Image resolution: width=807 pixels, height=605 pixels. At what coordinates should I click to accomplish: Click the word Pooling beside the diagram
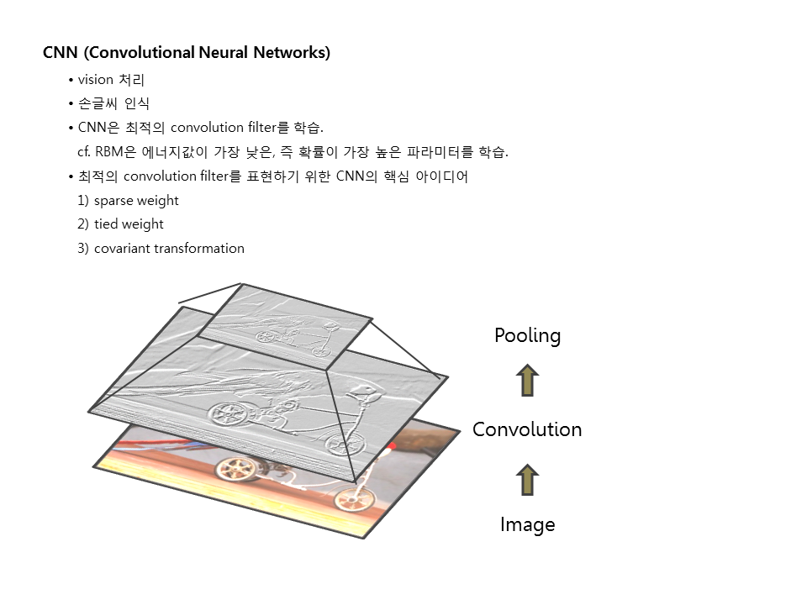click(x=527, y=335)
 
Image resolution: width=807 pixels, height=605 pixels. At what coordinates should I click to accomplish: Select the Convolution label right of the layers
click(x=527, y=429)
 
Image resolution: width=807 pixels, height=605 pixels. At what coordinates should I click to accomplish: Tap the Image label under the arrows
click(x=527, y=524)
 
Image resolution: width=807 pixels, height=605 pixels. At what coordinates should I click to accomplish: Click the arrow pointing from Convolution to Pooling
click(x=527, y=381)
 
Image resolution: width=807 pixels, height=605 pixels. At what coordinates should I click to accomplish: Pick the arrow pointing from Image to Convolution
click(x=527, y=479)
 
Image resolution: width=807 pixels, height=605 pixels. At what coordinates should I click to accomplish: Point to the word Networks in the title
click(x=292, y=53)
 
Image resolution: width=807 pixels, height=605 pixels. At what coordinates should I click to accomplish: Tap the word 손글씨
click(x=97, y=104)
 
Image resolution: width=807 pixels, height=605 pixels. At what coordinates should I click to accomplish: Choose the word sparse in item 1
click(x=117, y=200)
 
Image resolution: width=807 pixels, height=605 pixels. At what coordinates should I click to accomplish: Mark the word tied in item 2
click(x=106, y=224)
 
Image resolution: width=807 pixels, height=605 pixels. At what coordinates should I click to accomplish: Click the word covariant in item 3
click(x=123, y=248)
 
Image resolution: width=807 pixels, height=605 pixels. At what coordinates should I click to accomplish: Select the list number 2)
click(x=82, y=224)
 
